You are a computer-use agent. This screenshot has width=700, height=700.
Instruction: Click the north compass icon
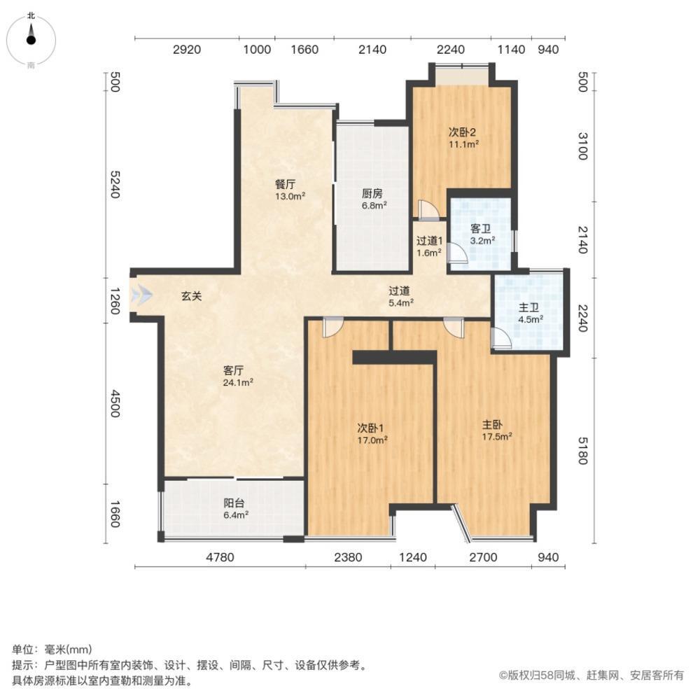31,40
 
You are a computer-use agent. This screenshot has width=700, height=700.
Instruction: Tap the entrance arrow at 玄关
141,295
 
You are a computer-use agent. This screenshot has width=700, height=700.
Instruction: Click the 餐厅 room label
285,184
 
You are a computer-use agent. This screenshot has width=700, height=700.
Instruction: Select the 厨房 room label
372,194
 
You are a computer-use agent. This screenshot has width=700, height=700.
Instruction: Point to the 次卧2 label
462,132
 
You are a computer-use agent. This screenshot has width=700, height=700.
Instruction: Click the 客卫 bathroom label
481,229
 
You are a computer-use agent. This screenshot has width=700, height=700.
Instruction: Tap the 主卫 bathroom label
528,307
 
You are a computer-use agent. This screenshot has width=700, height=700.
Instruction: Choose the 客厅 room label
233,370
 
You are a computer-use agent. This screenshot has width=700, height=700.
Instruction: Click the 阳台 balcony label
234,503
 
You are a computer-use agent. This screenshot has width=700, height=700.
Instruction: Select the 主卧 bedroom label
492,425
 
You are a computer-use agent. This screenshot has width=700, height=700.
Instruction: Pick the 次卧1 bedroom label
370,428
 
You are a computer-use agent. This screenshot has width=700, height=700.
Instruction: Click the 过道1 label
430,241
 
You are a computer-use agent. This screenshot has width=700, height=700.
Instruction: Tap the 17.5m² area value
497,436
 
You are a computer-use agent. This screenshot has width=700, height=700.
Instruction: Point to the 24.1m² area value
239,382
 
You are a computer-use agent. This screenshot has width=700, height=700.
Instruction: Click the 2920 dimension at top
187,49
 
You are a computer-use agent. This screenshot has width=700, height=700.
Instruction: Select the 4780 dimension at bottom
220,557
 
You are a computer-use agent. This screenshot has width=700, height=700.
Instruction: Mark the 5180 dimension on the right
583,450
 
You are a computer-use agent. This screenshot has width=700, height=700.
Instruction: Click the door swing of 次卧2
428,209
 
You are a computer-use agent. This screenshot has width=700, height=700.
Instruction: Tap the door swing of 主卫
500,338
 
